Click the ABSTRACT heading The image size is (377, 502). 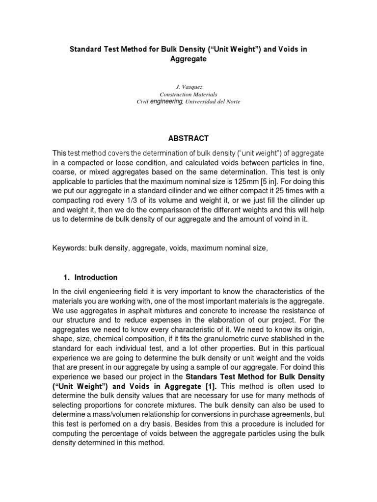pos(188,138)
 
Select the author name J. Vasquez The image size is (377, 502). pos(188,86)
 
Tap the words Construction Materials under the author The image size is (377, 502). pos(188,94)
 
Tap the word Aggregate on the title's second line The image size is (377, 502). pos(188,58)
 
